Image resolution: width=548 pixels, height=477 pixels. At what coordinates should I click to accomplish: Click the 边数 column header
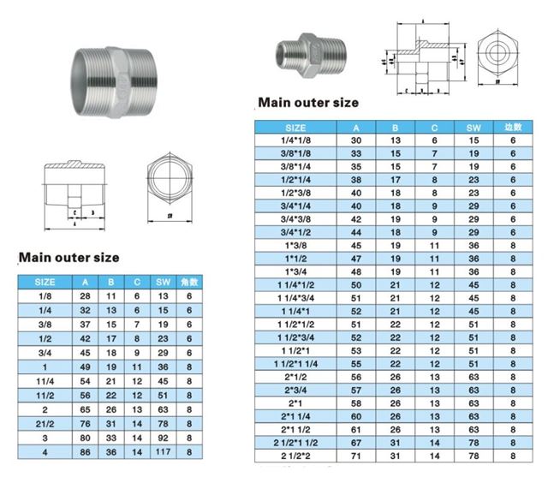(513, 128)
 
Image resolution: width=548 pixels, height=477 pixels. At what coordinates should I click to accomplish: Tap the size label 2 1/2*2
(297, 454)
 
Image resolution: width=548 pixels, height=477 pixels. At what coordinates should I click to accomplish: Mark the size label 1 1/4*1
(297, 310)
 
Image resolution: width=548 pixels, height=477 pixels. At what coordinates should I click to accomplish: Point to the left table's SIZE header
(45, 281)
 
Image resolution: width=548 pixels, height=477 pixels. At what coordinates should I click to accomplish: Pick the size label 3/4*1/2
(297, 231)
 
